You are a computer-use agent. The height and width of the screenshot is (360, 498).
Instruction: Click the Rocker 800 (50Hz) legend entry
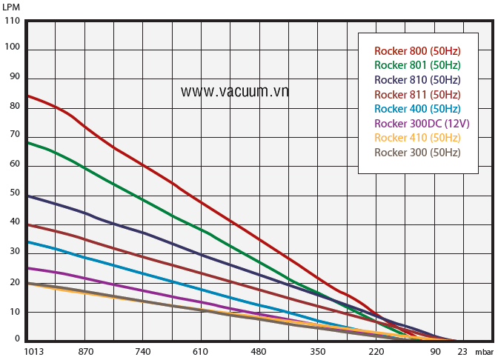click(x=417, y=51)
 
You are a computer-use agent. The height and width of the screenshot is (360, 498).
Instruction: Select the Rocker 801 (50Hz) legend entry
click(x=417, y=65)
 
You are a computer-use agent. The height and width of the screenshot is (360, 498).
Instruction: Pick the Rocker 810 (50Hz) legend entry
click(x=417, y=80)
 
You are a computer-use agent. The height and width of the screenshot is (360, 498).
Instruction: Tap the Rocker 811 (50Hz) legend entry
click(x=417, y=95)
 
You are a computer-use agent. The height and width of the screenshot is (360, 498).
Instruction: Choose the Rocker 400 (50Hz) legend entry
click(x=417, y=109)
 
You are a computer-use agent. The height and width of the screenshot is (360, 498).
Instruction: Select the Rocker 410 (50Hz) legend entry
click(x=417, y=138)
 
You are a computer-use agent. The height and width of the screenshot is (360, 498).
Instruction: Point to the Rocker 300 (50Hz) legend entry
click(x=417, y=153)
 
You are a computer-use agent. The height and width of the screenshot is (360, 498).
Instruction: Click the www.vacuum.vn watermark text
click(x=235, y=91)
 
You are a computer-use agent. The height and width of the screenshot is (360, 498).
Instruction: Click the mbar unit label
click(x=484, y=352)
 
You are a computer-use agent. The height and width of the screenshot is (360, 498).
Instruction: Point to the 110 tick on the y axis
click(x=13, y=21)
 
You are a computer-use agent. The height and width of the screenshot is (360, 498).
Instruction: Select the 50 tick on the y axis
click(x=15, y=193)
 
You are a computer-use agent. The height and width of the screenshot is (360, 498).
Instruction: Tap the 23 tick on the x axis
click(x=462, y=352)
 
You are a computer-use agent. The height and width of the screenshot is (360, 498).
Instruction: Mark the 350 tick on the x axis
click(x=317, y=352)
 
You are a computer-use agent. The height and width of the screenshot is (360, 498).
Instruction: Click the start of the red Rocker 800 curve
click(x=27, y=96)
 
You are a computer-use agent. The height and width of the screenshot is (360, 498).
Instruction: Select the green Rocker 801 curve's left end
click(x=27, y=142)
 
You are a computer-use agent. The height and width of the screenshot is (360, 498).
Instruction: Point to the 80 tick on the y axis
click(x=15, y=107)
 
